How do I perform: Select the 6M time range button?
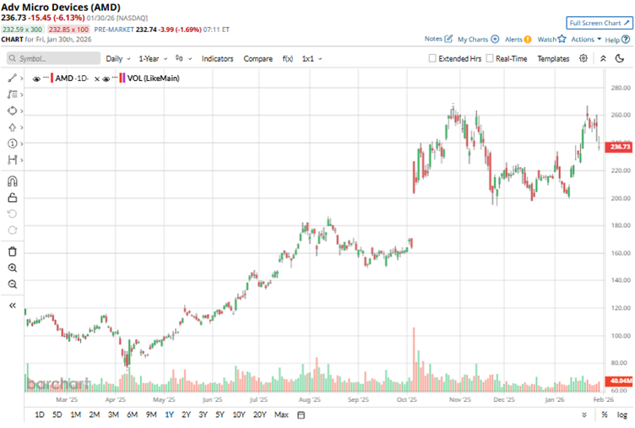click(133, 414)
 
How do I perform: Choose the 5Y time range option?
click(220, 414)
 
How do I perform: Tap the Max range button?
click(281, 414)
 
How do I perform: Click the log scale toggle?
click(622, 414)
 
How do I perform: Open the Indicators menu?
click(217, 59)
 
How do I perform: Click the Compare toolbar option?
click(258, 59)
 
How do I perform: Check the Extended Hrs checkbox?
click(433, 59)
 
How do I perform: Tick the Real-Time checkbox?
click(491, 59)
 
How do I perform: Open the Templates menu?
click(553, 59)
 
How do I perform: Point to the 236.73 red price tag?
click(621, 147)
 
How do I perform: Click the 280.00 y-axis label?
click(621, 88)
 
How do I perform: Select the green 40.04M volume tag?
click(621, 381)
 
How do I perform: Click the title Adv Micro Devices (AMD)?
click(60, 7)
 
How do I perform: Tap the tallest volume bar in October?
click(414, 359)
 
